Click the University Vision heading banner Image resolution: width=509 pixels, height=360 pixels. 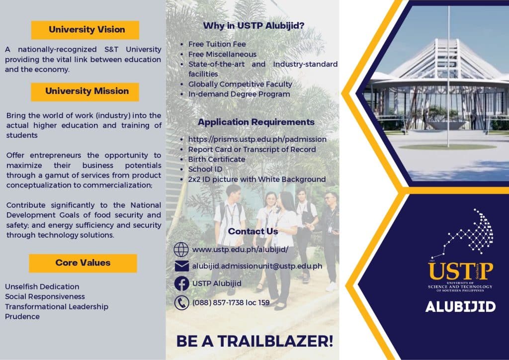pos(85,30)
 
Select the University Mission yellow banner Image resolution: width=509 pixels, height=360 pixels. pos(85,92)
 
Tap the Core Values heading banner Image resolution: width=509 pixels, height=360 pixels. pos(83,263)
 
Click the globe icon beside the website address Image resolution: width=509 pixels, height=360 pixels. pos(181,250)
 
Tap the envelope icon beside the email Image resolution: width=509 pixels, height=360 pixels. pos(181,266)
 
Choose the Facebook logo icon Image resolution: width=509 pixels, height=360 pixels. pos(181,283)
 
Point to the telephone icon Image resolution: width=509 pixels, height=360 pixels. pos(181,303)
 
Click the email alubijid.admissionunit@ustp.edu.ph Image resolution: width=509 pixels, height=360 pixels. pos(257,266)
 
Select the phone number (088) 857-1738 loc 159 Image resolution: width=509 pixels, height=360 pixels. pos(231,302)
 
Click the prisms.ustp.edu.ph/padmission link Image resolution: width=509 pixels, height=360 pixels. pos(257,139)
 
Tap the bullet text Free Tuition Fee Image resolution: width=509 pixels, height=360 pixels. pos(217,44)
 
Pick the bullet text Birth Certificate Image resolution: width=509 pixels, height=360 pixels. pos(217,160)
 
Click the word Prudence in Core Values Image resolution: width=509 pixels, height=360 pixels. pos(22,317)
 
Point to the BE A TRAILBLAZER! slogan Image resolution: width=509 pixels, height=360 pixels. pos(255,341)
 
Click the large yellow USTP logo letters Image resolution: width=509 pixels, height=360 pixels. pos(460,271)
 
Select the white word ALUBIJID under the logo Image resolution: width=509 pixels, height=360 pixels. pos(460,307)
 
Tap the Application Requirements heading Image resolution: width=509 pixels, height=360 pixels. pos(256,122)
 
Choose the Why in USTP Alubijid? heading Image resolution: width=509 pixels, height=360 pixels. pos(254,26)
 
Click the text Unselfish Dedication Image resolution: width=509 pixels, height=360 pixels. pos(42,286)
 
